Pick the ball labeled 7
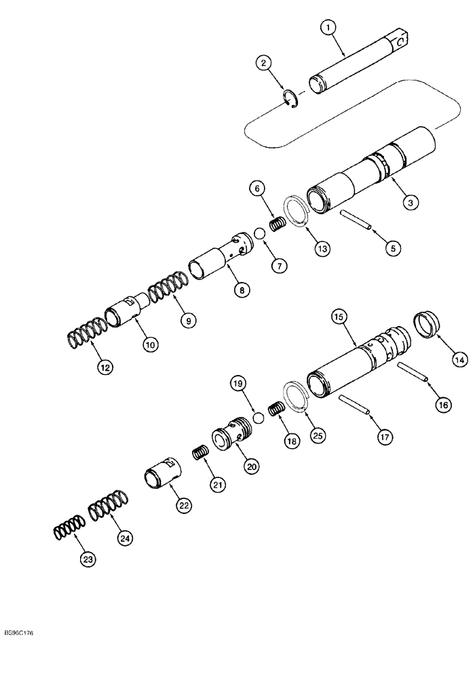pyautogui.click(x=259, y=234)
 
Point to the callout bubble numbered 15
pyautogui.click(x=338, y=317)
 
